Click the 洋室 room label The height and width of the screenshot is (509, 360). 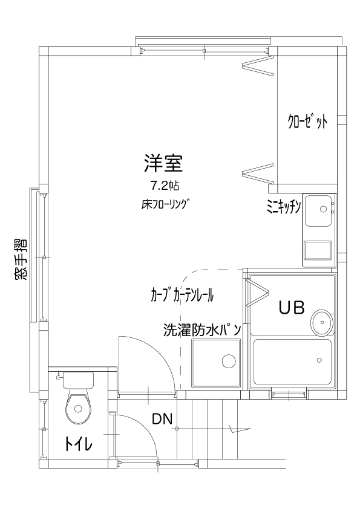pos(163,163)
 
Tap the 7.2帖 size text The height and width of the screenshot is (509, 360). pos(165,186)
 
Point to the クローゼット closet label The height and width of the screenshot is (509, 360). pos(307,122)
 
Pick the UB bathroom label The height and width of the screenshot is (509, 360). pos(292,308)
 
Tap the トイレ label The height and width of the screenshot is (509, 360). pos(78,444)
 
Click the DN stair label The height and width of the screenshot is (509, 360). pos(162,420)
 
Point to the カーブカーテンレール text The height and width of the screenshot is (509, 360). pos(182,295)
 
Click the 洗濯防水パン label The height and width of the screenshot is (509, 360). pos(203,330)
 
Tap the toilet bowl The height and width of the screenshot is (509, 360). pos(78,406)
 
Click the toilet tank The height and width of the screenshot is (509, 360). pos(78,380)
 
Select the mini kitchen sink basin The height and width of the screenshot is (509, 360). pos(318,210)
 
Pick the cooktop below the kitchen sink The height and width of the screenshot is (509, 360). pos(318,251)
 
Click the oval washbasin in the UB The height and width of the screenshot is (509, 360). pos(322,322)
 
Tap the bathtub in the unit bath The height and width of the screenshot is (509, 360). pos(292,362)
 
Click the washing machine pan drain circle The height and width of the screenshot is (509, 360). pos(229,361)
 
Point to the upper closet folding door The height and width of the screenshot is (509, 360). pos(258,65)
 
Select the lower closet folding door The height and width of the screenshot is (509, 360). pos(258,172)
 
